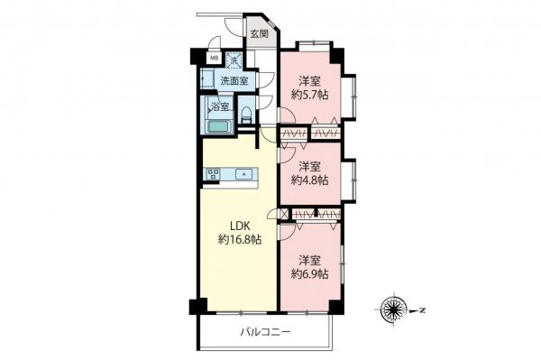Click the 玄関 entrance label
(259, 34)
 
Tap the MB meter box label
(214, 60)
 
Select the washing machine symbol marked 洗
(234, 60)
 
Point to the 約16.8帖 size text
(239, 240)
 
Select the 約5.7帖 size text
(309, 93)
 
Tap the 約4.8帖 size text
(309, 180)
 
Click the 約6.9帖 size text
(309, 272)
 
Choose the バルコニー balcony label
(265, 333)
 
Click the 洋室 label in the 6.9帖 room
(309, 257)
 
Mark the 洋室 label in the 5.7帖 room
(309, 78)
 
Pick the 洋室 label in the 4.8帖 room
(309, 165)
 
